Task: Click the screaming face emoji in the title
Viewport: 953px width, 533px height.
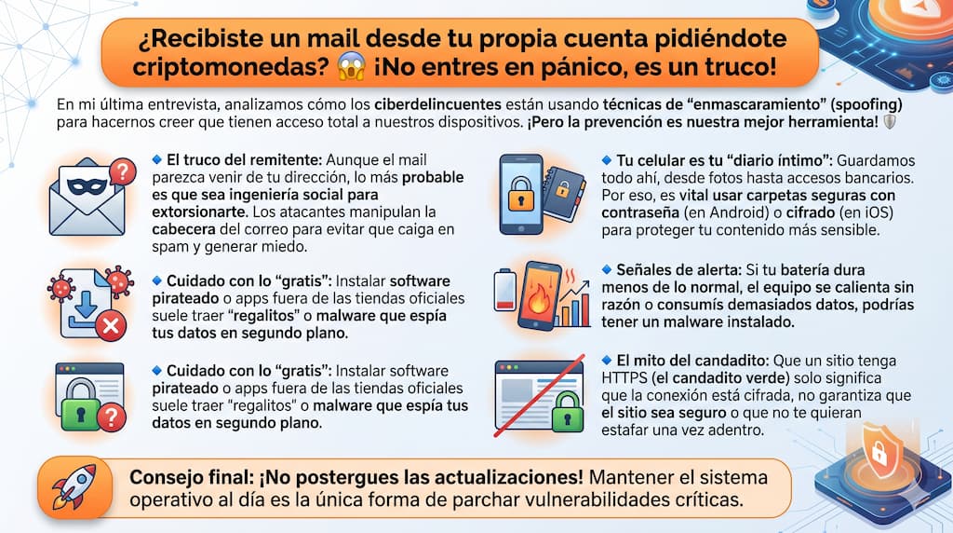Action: pyautogui.click(x=351, y=66)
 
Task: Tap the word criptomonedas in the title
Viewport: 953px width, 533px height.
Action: pyautogui.click(x=231, y=67)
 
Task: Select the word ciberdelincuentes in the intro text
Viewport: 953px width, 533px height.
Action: pyautogui.click(x=437, y=104)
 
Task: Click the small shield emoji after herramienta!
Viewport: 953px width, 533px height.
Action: pyautogui.click(x=889, y=122)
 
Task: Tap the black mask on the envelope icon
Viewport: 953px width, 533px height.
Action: pyautogui.click(x=87, y=186)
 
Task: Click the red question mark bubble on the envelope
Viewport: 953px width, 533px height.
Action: pyautogui.click(x=123, y=172)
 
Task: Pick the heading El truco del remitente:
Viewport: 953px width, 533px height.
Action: pyautogui.click(x=245, y=160)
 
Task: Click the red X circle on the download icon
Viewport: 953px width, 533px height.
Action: pyautogui.click(x=111, y=326)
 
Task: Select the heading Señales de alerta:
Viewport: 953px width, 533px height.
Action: pyautogui.click(x=679, y=269)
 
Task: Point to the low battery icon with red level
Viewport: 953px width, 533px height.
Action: pyautogui.click(x=504, y=290)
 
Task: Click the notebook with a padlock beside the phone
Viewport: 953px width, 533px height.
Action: pyautogui.click(x=565, y=193)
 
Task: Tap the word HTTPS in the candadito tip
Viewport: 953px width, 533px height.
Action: pyautogui.click(x=624, y=377)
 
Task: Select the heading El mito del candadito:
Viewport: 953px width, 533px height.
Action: pyautogui.click(x=692, y=361)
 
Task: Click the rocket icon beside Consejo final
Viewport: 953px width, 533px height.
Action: pyautogui.click(x=74, y=487)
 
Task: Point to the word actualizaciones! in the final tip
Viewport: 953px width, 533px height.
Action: pyautogui.click(x=491, y=477)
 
